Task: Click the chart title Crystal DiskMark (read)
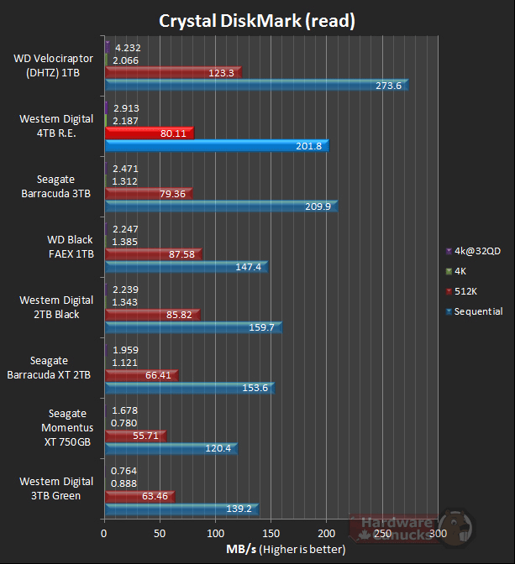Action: coord(257,20)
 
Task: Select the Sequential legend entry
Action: coord(478,311)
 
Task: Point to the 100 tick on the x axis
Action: coord(216,533)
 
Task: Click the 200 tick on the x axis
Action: coord(327,533)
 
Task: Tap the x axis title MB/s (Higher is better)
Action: coord(285,551)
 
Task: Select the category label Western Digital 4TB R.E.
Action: coord(56,125)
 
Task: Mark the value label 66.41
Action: coord(159,375)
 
